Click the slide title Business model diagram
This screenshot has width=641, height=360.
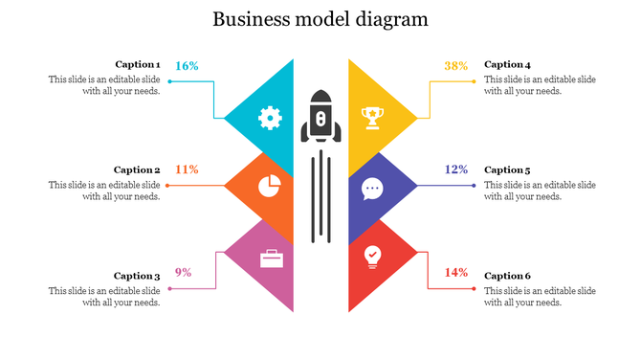320,19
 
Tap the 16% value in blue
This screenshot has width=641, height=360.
187,66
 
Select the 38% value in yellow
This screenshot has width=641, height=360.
456,66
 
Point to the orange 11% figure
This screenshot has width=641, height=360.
187,169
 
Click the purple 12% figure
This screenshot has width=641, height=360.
456,169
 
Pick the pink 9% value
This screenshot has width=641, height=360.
184,273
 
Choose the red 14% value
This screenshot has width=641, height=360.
456,273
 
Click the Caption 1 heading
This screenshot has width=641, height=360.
137,64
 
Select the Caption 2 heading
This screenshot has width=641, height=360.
137,169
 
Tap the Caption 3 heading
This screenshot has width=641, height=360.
137,276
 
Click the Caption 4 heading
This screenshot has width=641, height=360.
507,64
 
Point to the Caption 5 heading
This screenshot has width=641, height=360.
507,169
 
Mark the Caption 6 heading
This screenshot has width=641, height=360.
507,276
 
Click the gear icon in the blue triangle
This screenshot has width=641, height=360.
270,119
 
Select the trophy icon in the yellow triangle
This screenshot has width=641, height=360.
372,118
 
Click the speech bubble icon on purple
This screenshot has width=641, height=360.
372,189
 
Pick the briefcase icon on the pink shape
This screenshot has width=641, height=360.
272,258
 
